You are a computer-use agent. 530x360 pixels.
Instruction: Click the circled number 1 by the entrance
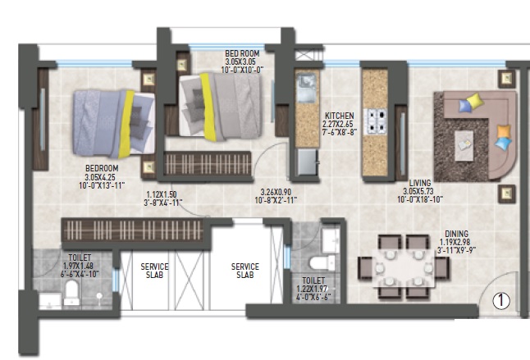coord(500,302)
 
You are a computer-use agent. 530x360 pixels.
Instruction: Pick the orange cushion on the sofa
coord(503,131)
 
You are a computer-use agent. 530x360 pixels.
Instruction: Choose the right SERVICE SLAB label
coord(244,271)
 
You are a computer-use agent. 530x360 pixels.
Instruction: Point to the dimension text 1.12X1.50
coord(163,194)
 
